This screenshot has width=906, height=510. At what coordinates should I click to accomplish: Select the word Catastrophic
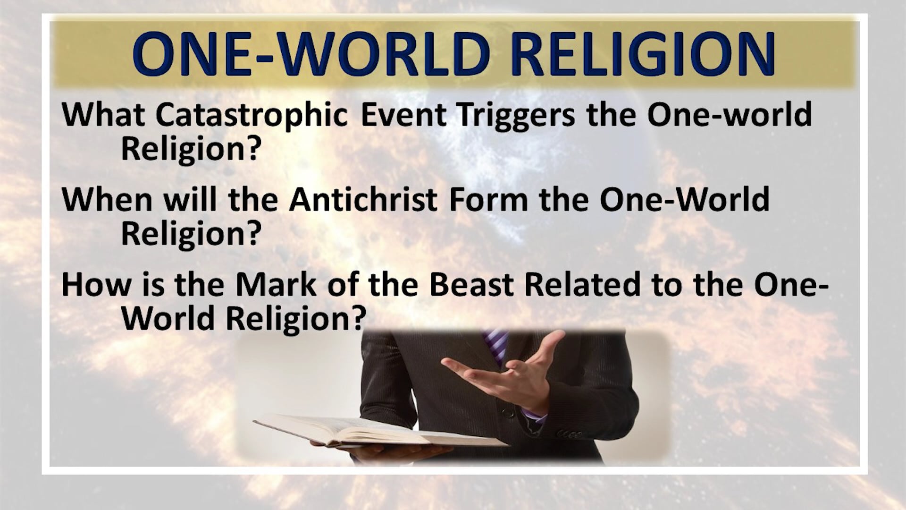(252, 115)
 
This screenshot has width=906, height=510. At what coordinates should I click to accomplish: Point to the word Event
(403, 115)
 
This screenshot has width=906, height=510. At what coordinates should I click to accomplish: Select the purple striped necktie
(495, 347)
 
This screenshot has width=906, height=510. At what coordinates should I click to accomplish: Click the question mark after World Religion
(359, 319)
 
